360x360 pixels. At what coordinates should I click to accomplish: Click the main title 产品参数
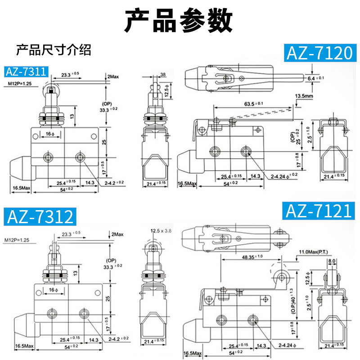[179, 20]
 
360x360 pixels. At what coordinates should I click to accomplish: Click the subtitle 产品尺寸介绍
[54, 49]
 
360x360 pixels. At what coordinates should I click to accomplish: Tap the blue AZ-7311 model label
[26, 72]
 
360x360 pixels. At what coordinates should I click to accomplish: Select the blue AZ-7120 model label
[318, 53]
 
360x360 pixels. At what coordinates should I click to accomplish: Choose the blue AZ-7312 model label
[40, 216]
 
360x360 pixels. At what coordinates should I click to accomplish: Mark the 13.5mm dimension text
[305, 96]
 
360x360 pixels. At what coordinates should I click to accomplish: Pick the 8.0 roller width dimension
[332, 261]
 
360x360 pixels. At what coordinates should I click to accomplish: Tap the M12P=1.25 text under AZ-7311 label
[22, 84]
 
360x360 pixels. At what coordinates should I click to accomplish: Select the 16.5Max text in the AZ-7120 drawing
[187, 184]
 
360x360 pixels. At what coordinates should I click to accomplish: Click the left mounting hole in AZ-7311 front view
[48, 157]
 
